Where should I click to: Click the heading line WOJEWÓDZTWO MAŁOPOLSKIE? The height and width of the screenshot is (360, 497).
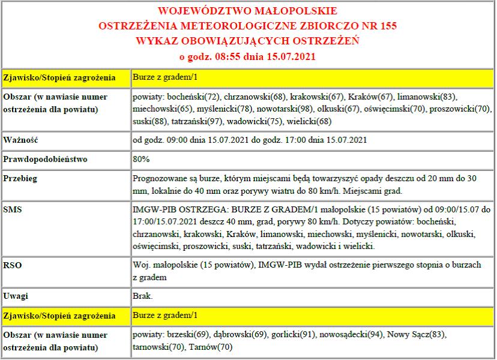pos(247,11)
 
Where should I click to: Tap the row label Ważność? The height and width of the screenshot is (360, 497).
pos(22,141)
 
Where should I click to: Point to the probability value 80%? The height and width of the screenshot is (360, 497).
pos(141,160)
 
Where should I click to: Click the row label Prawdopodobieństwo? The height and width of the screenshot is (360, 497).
pos(46,160)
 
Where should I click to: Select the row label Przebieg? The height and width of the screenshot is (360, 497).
pos(22,179)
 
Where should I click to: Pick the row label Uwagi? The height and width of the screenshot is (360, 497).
pos(17,296)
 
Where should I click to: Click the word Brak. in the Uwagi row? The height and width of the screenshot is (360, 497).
pos(142,296)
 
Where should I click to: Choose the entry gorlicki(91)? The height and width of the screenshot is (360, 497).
pos(293,334)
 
